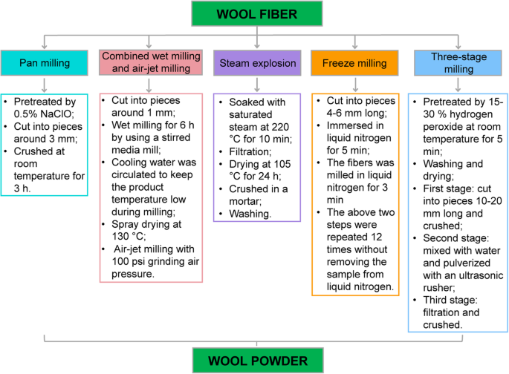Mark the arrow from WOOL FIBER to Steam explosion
[256, 39]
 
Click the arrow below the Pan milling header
[46, 83]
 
